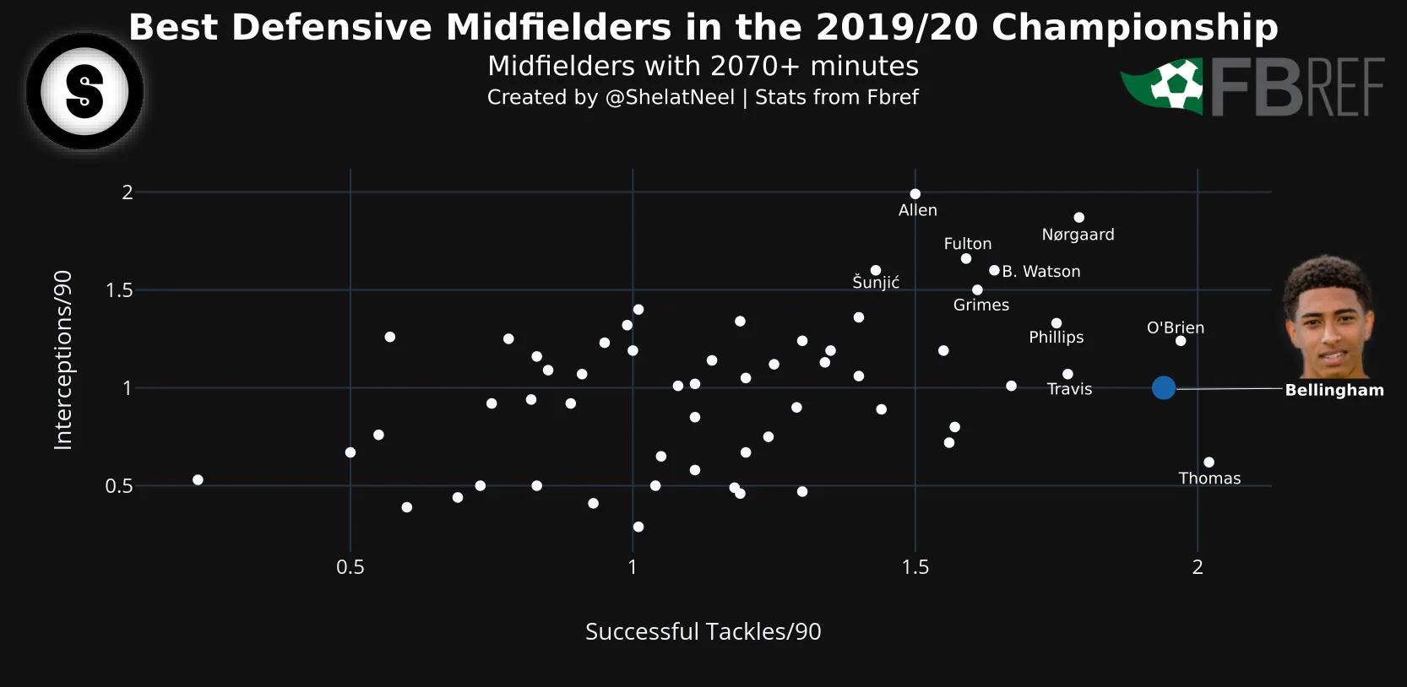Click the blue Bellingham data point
(1164, 388)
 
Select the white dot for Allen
(915, 194)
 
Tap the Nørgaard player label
(1078, 235)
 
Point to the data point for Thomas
(1209, 463)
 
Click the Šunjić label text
(876, 283)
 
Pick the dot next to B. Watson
(994, 271)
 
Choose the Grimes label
(981, 305)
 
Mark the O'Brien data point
(1181, 341)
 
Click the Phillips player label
(1056, 338)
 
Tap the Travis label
(1069, 389)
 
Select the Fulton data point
(966, 258)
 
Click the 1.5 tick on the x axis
(915, 567)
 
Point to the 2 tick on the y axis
(128, 192)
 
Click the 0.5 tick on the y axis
(119, 486)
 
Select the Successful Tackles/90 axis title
(703, 631)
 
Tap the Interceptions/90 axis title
(63, 360)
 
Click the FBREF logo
(1252, 87)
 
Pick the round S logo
(84, 91)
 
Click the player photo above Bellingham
(1328, 317)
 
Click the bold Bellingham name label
(1334, 390)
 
